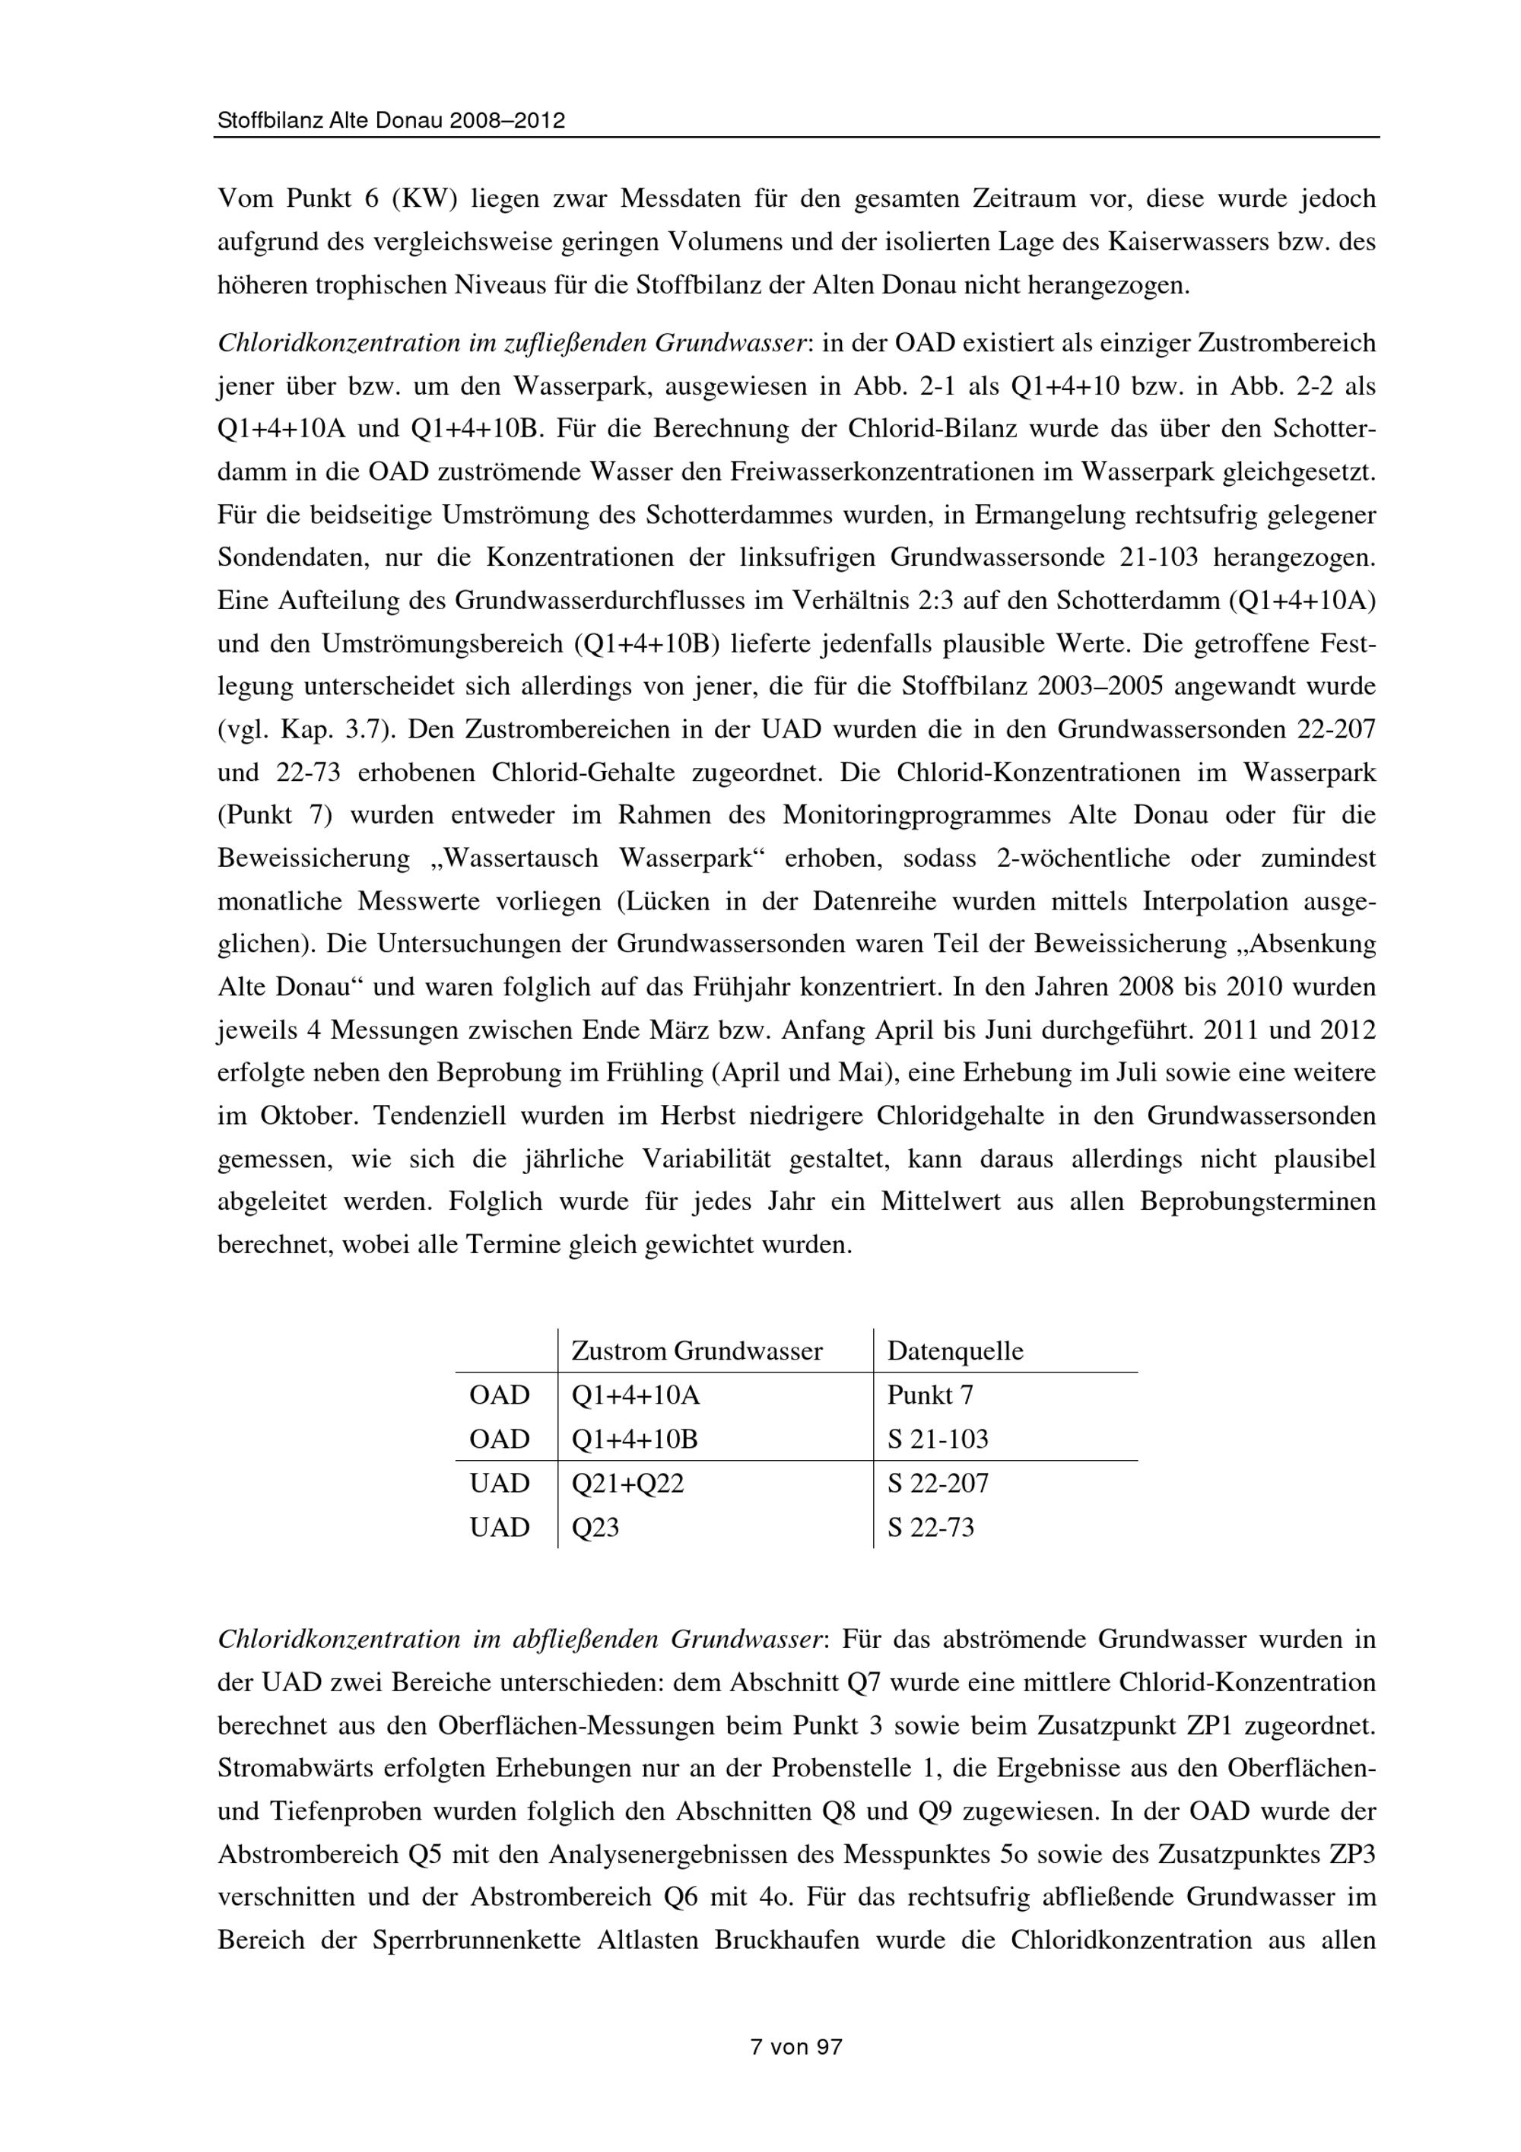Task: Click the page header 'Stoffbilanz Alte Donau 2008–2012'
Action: pyautogui.click(x=391, y=121)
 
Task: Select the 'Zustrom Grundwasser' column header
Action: pyautogui.click(x=697, y=1351)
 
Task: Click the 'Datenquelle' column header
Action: pyautogui.click(x=955, y=1351)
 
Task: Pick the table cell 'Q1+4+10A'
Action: pyautogui.click(x=635, y=1395)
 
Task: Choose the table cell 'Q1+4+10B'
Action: pyautogui.click(x=634, y=1439)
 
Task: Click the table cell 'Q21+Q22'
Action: pyautogui.click(x=627, y=1484)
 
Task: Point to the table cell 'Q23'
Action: pyautogui.click(x=595, y=1528)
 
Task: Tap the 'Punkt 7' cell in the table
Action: pyautogui.click(x=929, y=1395)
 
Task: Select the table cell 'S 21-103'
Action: pyautogui.click(x=937, y=1439)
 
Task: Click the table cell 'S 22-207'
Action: pyautogui.click(x=937, y=1484)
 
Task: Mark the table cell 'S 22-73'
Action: pyautogui.click(x=931, y=1528)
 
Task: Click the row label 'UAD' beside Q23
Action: pyautogui.click(x=500, y=1528)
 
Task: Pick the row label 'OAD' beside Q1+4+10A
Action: pyautogui.click(x=500, y=1395)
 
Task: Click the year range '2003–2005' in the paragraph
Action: pyautogui.click(x=1101, y=687)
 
